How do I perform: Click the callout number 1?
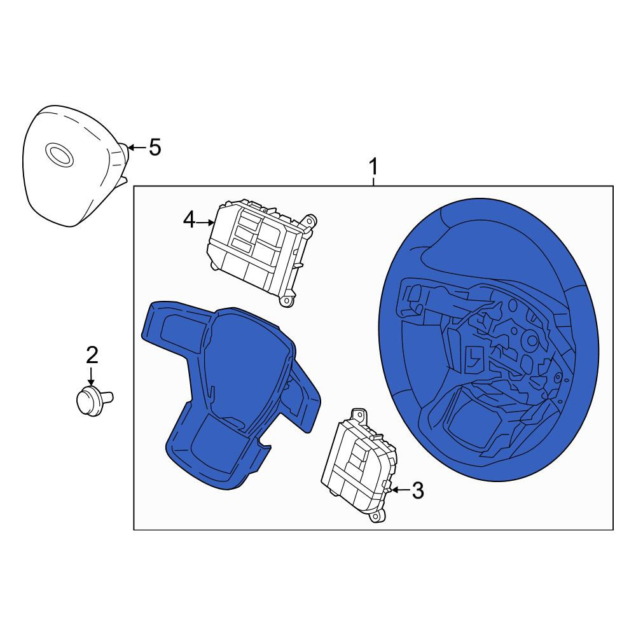click(373, 167)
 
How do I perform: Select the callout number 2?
click(92, 355)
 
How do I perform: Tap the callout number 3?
click(418, 490)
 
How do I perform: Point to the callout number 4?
click(189, 221)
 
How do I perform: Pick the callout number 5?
click(155, 147)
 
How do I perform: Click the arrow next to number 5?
click(137, 147)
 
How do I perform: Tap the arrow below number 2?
click(91, 376)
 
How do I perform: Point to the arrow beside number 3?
click(400, 490)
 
